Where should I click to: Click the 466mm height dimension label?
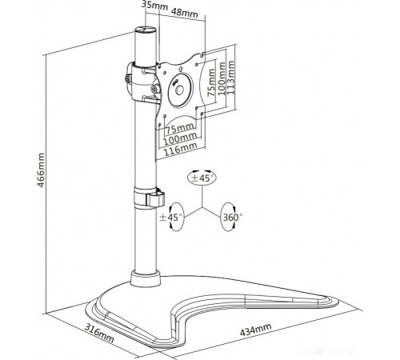click(41, 170)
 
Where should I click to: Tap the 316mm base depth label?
click(99, 334)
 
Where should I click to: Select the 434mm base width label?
click(256, 330)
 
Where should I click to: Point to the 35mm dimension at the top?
click(154, 6)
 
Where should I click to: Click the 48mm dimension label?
click(185, 13)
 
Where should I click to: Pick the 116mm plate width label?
click(180, 149)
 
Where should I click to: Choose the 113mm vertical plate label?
click(231, 78)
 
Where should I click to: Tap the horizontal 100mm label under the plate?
click(181, 138)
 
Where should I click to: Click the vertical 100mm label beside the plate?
click(222, 78)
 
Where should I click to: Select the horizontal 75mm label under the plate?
click(180, 129)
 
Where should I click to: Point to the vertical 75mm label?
click(211, 82)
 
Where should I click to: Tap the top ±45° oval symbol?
click(202, 177)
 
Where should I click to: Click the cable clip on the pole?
click(155, 198)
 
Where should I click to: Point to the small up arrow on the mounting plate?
click(180, 69)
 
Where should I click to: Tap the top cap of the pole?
click(146, 30)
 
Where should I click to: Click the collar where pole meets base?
click(146, 278)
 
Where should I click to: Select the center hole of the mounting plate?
click(179, 90)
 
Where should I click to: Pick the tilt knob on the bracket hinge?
click(155, 89)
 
